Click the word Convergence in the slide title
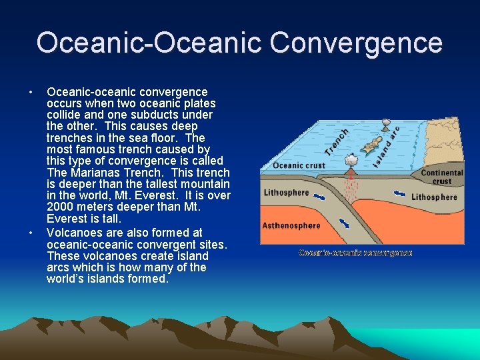point(356,42)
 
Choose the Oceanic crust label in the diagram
point(298,166)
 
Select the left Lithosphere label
point(286,193)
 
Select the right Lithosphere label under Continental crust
point(434,197)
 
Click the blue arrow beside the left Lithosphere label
point(321,196)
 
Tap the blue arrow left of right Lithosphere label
point(399,194)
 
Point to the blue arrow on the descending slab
point(346,223)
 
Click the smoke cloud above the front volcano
point(349,160)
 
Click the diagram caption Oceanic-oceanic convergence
point(355,253)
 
